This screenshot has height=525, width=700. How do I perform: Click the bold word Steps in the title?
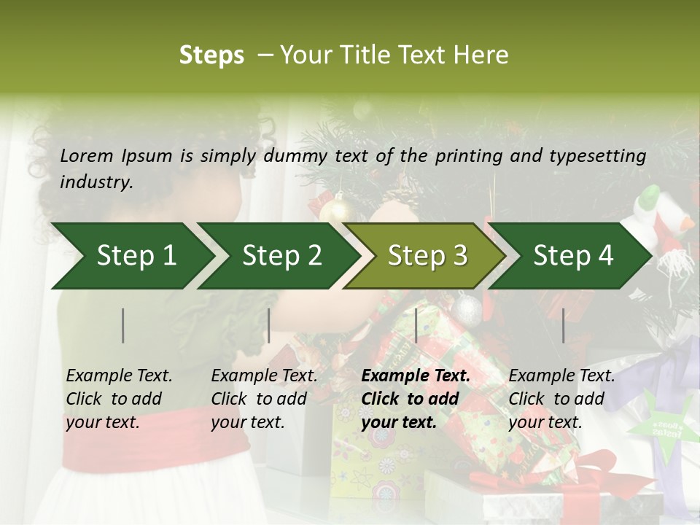tap(211, 55)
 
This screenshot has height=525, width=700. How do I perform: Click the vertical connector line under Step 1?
tap(123, 325)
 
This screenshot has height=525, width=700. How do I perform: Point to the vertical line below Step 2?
tap(269, 325)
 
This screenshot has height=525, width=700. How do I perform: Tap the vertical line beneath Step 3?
tap(416, 325)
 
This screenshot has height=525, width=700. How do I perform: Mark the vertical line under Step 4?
tap(563, 325)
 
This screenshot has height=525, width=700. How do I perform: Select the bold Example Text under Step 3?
tap(416, 399)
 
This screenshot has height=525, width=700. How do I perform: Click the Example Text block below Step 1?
tap(119, 399)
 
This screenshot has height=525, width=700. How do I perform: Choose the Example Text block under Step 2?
tap(264, 399)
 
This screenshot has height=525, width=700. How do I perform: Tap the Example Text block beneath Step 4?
tap(561, 399)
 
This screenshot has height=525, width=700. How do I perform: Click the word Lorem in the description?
tap(87, 155)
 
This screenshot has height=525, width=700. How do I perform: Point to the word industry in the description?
tap(96, 182)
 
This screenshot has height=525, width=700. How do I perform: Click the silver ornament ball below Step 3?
tap(467, 309)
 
